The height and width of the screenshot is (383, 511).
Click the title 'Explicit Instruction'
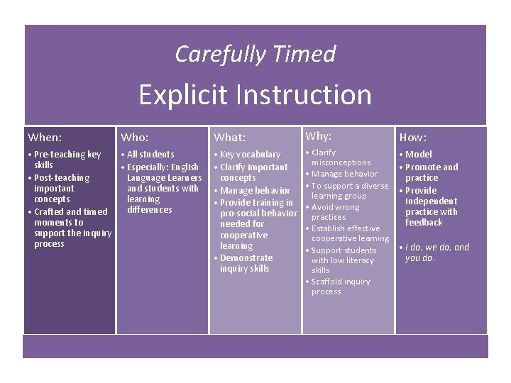coord(255,94)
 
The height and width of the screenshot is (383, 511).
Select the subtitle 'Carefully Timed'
coord(255,54)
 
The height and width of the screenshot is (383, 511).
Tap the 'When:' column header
coord(45,137)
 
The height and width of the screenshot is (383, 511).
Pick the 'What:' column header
coord(230,138)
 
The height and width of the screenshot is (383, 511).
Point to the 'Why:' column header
coord(319,135)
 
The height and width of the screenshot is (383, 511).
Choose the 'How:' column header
coord(413,138)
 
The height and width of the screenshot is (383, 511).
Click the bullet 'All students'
coord(150,154)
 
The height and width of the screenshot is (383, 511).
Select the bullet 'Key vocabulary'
coord(250,155)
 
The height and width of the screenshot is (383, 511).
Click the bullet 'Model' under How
coord(418,154)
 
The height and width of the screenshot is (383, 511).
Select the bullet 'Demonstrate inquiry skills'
coord(245,263)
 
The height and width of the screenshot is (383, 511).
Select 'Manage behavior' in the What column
coord(255,190)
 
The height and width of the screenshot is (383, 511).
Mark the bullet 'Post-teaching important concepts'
coord(60,188)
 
